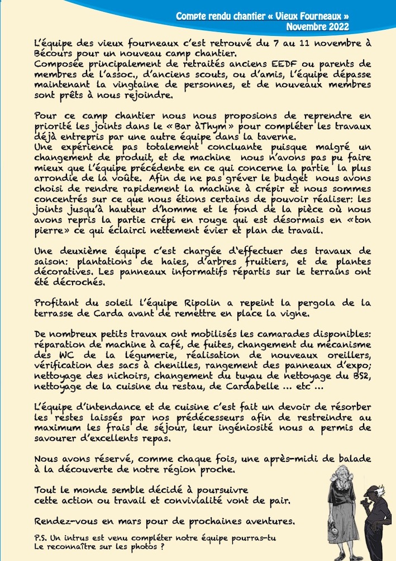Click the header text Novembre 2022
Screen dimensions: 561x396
[317, 26]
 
